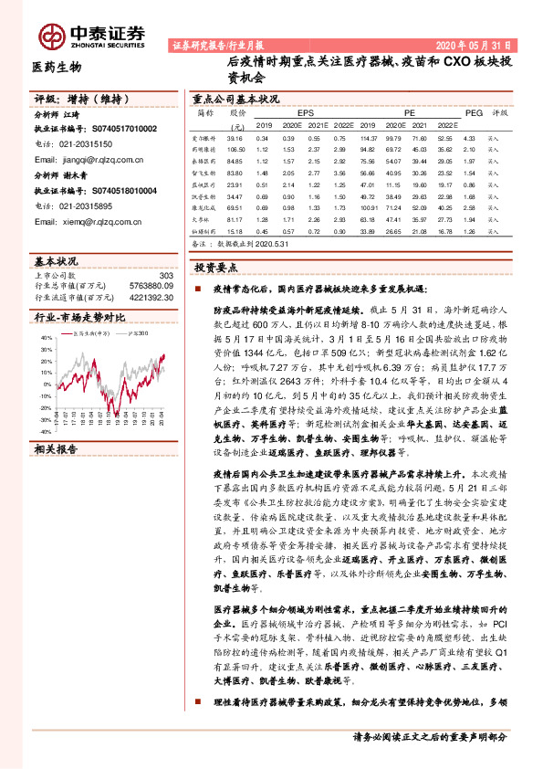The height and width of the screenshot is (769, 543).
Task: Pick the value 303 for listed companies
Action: (166, 275)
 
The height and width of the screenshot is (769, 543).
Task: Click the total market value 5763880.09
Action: (149, 285)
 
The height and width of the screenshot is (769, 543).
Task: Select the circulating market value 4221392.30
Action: (149, 296)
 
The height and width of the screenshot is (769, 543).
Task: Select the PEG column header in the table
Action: (471, 112)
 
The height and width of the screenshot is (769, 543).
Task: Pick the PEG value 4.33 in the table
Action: (470, 137)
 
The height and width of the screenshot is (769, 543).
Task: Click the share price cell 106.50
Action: (236, 147)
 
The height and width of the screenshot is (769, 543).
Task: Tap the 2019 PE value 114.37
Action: (369, 137)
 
